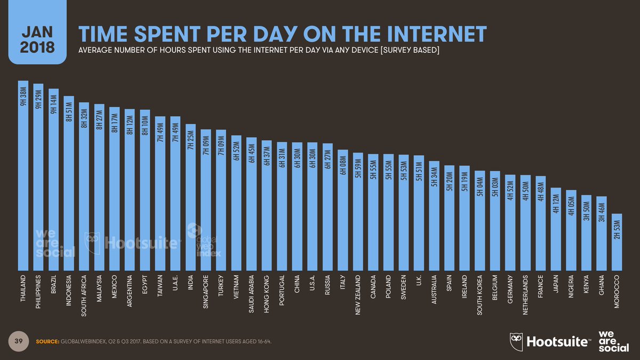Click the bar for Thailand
(23, 176)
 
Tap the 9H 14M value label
(53, 102)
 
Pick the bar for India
(190, 197)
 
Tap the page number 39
(18, 341)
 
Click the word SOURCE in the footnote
(46, 341)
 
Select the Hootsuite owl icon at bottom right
(516, 341)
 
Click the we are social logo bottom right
(610, 341)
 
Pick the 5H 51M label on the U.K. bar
(419, 169)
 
